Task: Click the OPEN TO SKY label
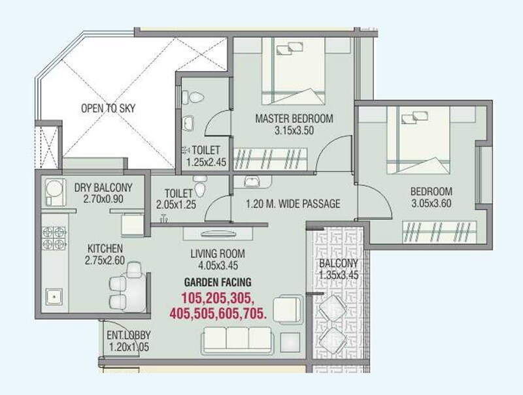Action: tap(109, 108)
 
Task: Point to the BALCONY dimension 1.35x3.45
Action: tap(338, 276)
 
